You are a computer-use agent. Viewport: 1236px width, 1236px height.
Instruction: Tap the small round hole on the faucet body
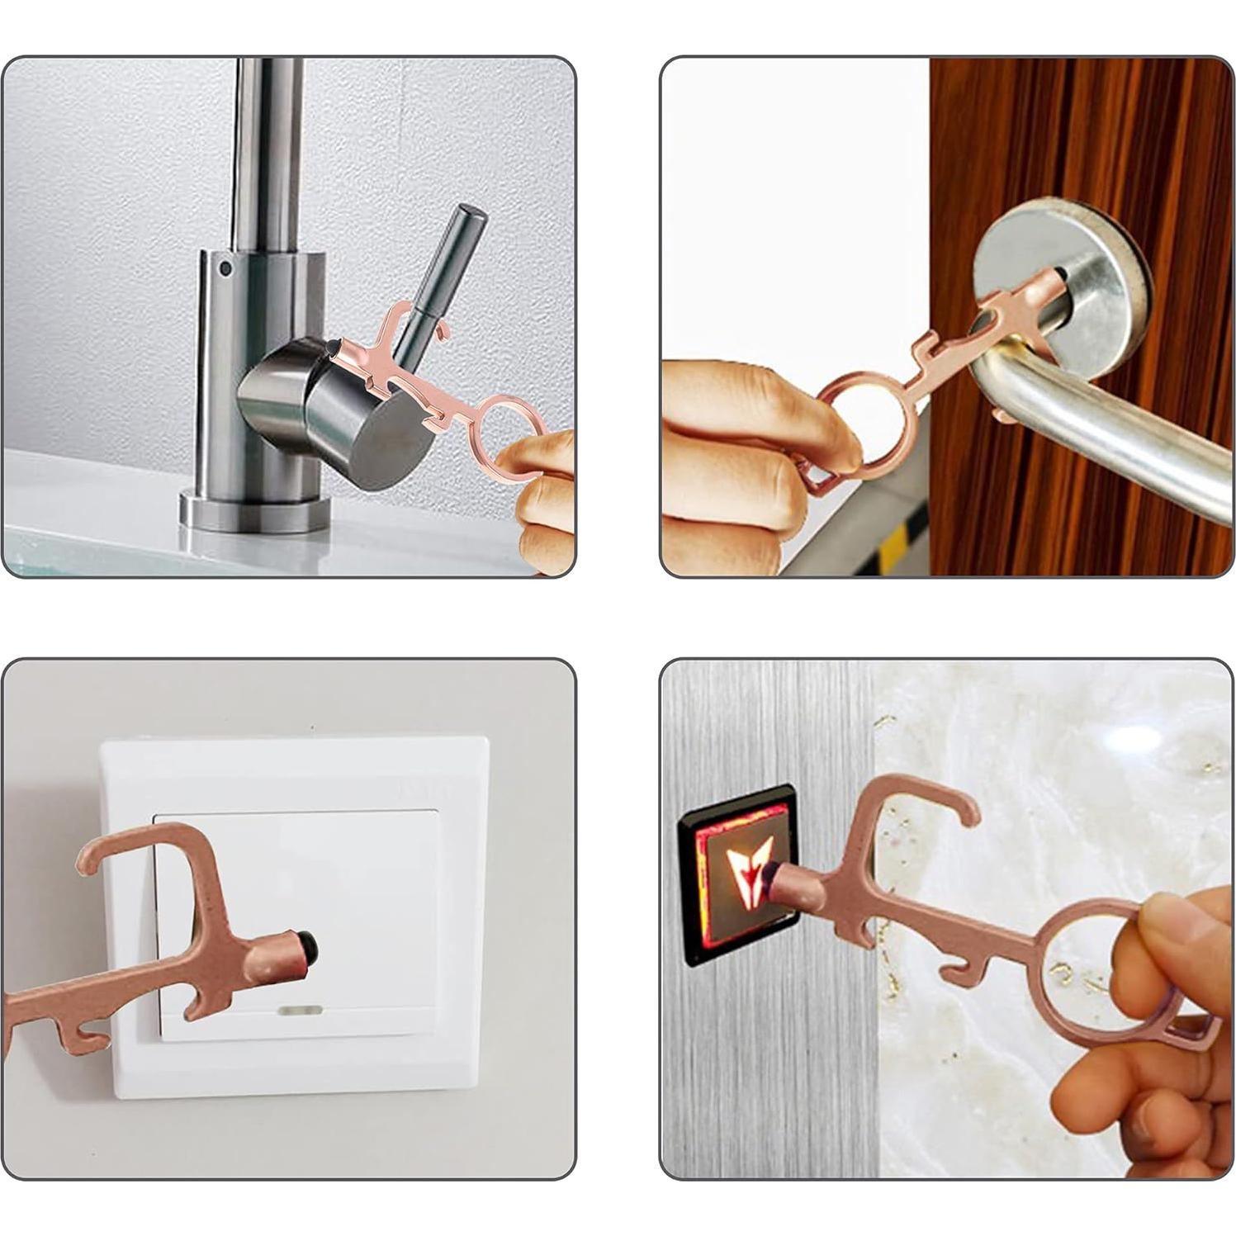coord(225,268)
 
